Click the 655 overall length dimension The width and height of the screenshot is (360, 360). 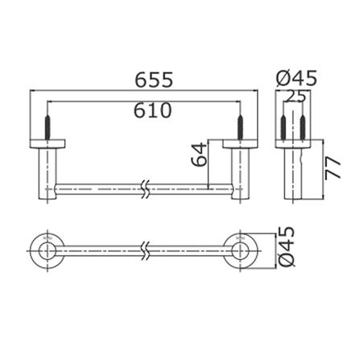pos(154,80)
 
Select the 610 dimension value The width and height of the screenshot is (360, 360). pos(153,110)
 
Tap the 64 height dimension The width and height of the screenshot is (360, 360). pos(199,155)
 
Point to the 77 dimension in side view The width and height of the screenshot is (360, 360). pos(333,168)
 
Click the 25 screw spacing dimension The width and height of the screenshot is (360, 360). pos(296,97)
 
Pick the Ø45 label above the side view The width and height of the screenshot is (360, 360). pos(296,78)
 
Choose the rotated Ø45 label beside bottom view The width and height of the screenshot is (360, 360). pos(287,246)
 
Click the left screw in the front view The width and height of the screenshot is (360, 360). pos(48,127)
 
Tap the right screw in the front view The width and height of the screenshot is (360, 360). pos(240,127)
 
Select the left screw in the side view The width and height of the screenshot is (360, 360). pos(283,127)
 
